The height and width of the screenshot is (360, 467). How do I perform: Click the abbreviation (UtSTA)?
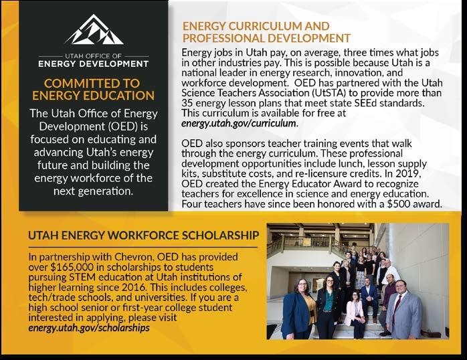[337, 95]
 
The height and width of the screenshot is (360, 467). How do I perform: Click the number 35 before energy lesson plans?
[189, 105]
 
